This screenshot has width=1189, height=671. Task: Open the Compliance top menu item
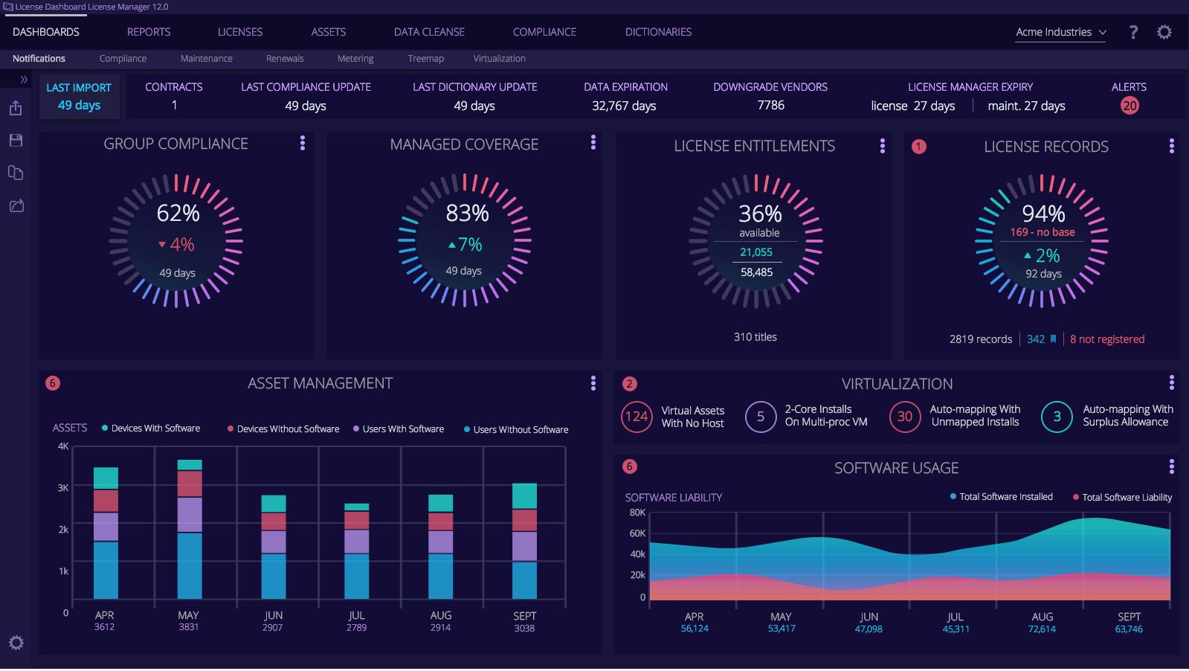click(x=544, y=32)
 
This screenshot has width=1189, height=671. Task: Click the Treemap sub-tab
click(x=425, y=59)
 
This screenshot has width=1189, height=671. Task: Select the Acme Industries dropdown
click(x=1060, y=32)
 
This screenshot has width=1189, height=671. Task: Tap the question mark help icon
click(x=1133, y=32)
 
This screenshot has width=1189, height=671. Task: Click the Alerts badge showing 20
click(x=1129, y=106)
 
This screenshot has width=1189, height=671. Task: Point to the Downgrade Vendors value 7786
click(x=770, y=106)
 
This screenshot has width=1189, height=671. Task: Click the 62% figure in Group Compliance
click(x=178, y=213)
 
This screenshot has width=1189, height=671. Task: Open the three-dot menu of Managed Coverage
click(x=593, y=142)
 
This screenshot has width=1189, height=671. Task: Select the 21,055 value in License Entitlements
click(x=755, y=252)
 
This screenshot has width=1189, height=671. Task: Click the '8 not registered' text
click(x=1106, y=339)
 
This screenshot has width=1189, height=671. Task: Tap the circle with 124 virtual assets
click(x=637, y=417)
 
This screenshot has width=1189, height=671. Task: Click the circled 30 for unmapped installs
click(x=904, y=417)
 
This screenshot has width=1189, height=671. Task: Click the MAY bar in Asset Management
click(x=190, y=530)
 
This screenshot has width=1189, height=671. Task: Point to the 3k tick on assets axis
click(x=64, y=488)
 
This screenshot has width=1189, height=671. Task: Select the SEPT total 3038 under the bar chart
click(x=524, y=629)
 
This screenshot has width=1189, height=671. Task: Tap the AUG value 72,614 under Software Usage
click(x=1042, y=629)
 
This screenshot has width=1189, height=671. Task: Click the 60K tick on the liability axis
click(x=637, y=533)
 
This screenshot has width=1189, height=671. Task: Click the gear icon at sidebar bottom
click(x=16, y=643)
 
